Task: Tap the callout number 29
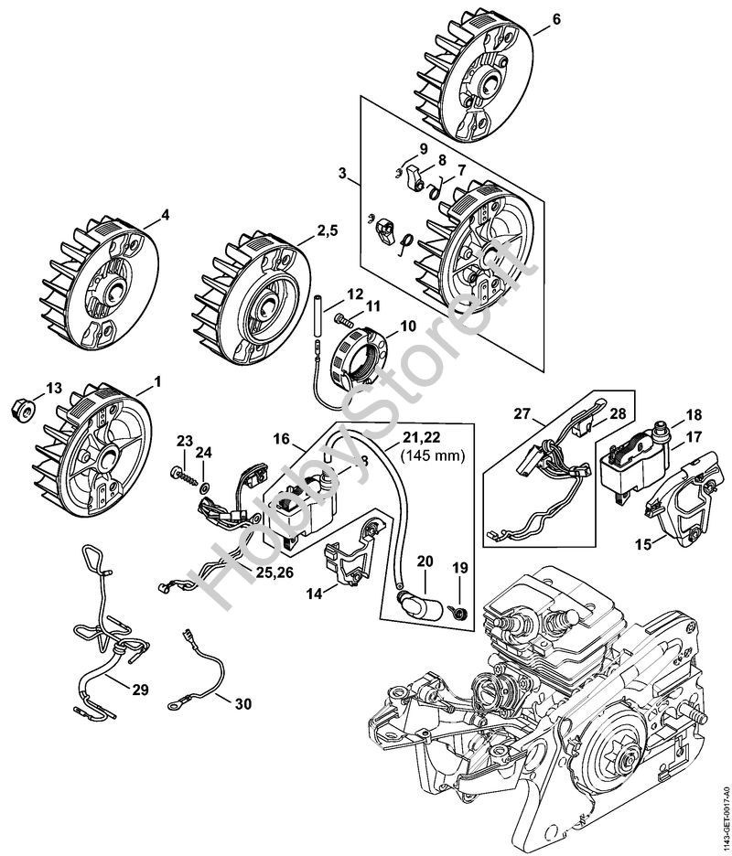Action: click(x=139, y=689)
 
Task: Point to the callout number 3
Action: click(x=342, y=174)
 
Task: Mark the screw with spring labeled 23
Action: click(x=181, y=476)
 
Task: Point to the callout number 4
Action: click(x=166, y=216)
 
